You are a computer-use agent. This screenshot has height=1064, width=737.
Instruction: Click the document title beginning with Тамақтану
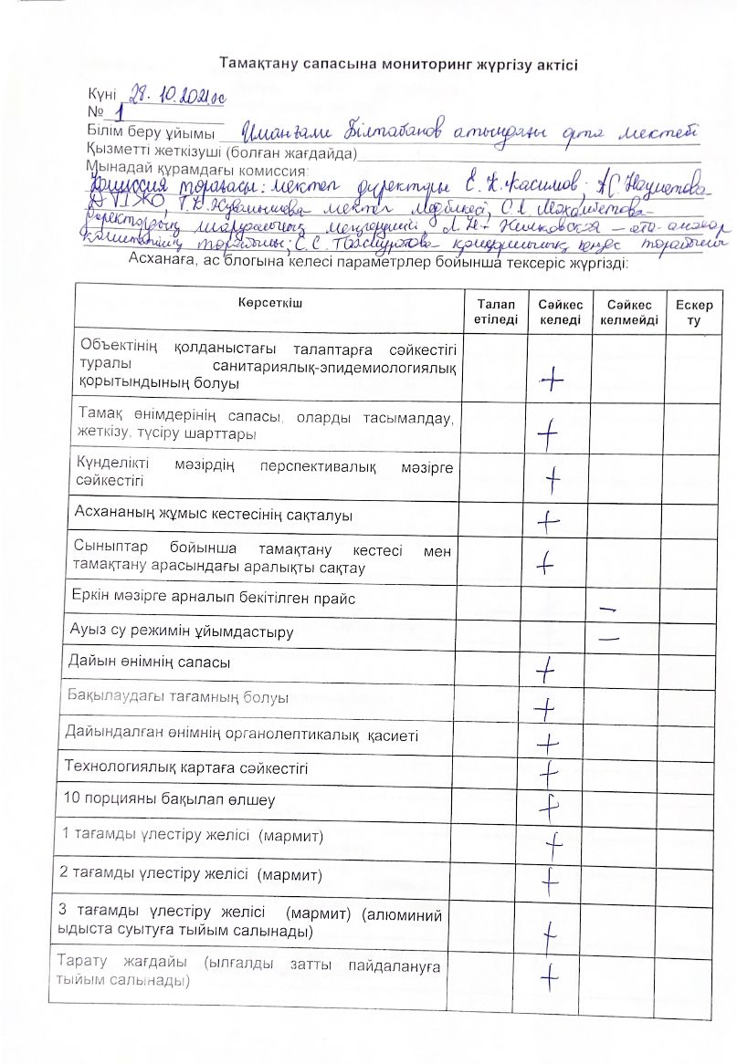pyautogui.click(x=398, y=64)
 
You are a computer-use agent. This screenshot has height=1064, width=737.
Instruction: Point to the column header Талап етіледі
pyautogui.click(x=495, y=310)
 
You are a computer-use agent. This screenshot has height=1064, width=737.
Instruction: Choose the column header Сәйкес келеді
pyautogui.click(x=559, y=310)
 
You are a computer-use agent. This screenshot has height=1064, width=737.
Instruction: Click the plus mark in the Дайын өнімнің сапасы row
pyautogui.click(x=546, y=673)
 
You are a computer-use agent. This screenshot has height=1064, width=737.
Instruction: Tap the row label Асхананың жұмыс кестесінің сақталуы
pyautogui.click(x=200, y=516)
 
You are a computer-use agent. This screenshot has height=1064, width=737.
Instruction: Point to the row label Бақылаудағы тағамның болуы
pyautogui.click(x=178, y=698)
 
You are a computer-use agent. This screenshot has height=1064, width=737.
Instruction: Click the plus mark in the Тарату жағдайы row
pyautogui.click(x=549, y=977)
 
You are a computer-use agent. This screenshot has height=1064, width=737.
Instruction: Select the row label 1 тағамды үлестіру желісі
pyautogui.click(x=192, y=836)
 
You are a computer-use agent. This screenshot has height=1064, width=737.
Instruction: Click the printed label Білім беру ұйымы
pyautogui.click(x=143, y=133)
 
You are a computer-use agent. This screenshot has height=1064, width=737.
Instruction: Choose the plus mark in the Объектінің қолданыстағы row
pyautogui.click(x=551, y=380)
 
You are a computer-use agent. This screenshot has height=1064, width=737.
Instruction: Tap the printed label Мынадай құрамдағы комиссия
pyautogui.click(x=196, y=169)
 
